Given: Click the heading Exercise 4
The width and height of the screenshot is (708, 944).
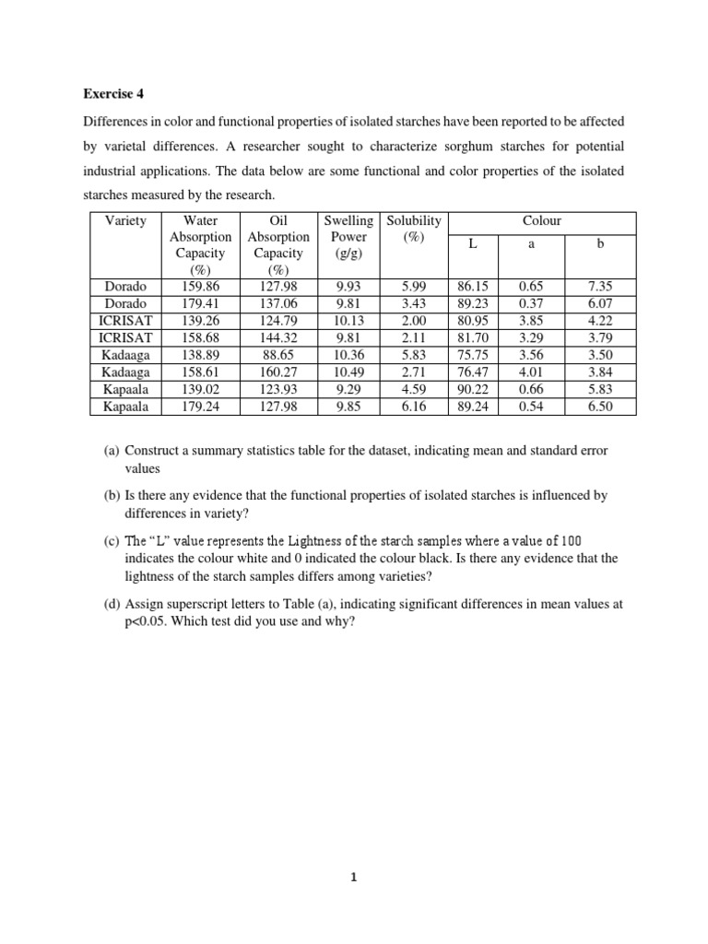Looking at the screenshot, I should [x=114, y=93].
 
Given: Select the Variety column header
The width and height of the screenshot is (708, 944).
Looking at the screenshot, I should [x=125, y=220].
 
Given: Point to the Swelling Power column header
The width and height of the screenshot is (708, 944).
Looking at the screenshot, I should [x=348, y=236].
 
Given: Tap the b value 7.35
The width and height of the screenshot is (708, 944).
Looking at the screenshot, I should [x=599, y=288].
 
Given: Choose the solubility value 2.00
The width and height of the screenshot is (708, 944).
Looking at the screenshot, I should [x=414, y=321].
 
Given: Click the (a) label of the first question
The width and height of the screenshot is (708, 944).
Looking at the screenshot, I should [x=112, y=451].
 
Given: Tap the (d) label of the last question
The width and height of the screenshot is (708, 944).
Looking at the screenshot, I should [x=112, y=604].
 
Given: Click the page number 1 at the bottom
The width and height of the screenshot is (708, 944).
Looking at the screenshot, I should [x=354, y=879].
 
